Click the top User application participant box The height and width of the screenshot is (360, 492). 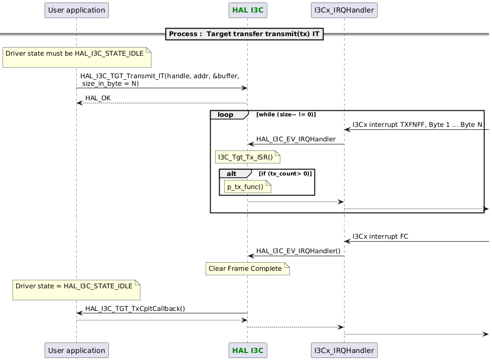pos(76,10)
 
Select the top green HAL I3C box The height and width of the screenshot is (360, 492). pos(247,10)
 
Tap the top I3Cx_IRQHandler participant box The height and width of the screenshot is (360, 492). pos(344,10)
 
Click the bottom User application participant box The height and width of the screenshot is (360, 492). pos(76,350)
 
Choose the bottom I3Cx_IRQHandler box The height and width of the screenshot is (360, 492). pos(344,350)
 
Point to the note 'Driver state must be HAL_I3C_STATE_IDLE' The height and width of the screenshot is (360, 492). pos(77,58)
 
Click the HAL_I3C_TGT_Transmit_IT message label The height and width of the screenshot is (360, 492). pos(159,80)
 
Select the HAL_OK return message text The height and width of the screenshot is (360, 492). pos(98,98)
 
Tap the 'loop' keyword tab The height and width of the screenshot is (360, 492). pos(226,115)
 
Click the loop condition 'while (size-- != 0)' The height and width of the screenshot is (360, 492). pos(286,115)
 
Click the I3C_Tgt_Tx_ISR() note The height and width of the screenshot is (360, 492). pos(247,157)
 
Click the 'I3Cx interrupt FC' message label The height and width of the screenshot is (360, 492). pos(380,236)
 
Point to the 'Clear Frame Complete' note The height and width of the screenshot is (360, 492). pos(247,269)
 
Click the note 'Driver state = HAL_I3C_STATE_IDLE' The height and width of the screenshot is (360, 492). pos(76,290)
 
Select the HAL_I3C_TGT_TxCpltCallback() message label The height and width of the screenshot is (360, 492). pos(135,308)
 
